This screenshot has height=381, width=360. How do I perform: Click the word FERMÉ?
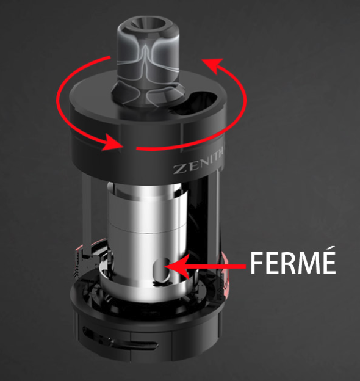pos(293,263)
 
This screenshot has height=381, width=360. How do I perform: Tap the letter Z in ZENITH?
pos(179,169)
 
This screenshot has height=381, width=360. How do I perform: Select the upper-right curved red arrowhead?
pos(213,65)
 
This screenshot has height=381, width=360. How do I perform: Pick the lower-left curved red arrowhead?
pos(112,143)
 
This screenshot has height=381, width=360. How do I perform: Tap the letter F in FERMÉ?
pos(257,264)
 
